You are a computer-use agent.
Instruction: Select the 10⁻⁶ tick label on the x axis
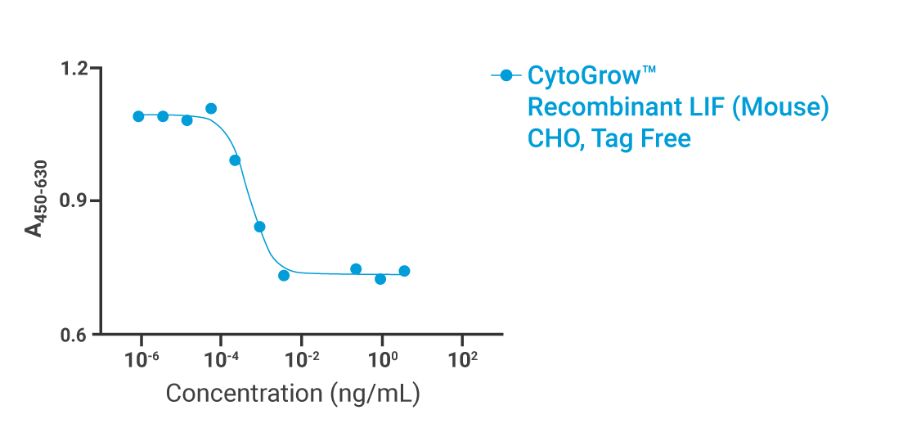[142, 359]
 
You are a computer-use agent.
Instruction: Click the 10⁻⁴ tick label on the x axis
[222, 359]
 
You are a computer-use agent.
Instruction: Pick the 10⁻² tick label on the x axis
[302, 359]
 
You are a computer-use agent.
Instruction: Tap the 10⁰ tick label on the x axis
[382, 359]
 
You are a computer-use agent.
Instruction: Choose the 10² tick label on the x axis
[462, 359]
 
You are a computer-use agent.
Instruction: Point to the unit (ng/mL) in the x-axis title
[375, 394]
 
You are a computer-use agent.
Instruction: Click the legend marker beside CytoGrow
[506, 76]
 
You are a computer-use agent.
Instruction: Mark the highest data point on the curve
[211, 109]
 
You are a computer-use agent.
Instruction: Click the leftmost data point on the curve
[138, 116]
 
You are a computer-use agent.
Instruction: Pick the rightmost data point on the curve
[404, 271]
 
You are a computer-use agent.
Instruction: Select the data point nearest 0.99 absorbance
[235, 160]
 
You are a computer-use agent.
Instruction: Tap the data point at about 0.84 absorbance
[259, 227]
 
